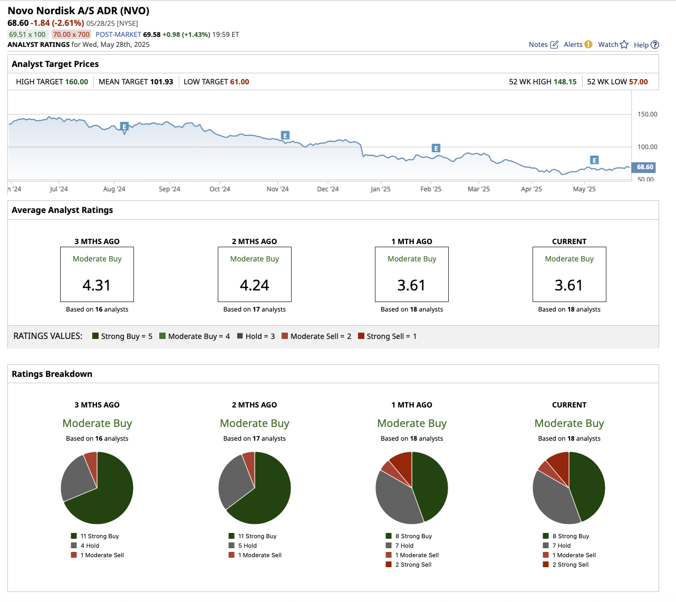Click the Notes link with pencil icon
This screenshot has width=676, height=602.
click(543, 44)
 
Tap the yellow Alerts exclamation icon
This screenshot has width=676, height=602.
click(588, 44)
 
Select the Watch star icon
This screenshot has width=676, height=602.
click(624, 44)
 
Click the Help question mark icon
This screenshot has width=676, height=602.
click(655, 45)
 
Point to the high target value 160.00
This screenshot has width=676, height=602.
click(76, 82)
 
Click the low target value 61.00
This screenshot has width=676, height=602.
click(239, 82)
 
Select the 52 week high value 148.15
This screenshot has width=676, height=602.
click(565, 82)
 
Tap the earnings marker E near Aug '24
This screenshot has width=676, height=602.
click(124, 127)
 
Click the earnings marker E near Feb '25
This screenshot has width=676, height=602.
click(436, 148)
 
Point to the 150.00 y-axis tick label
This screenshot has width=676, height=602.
click(648, 114)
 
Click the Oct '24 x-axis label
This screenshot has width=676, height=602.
click(219, 189)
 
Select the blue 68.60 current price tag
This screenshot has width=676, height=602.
click(644, 167)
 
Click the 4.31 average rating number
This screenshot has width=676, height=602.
click(96, 285)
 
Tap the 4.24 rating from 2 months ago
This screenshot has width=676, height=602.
click(254, 285)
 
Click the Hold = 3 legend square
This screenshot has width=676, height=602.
click(239, 336)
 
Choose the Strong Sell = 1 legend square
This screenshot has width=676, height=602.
click(361, 336)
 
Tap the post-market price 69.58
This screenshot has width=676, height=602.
click(152, 34)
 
